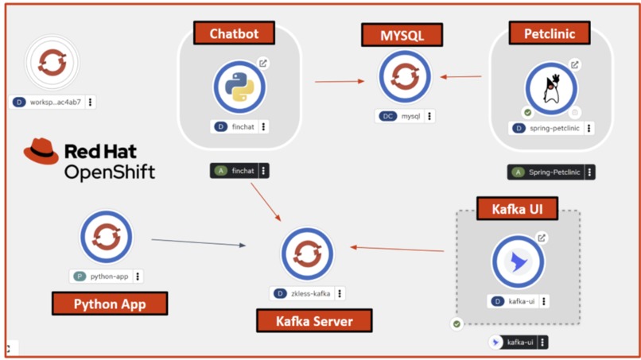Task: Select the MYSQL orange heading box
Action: tap(402, 36)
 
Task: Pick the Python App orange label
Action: tap(110, 304)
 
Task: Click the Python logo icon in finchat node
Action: tap(239, 87)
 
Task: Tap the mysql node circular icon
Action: tap(405, 77)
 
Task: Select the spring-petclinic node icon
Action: tap(550, 89)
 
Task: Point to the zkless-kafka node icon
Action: tap(306, 254)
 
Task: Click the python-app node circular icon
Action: tap(106, 237)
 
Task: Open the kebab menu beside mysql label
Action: tap(429, 116)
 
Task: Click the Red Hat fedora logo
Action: tap(41, 151)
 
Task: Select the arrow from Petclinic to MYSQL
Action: tap(461, 77)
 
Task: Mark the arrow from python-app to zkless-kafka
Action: tap(199, 242)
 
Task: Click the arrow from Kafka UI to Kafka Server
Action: tap(398, 249)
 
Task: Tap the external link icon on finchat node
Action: tap(263, 63)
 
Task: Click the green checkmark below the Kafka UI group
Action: tap(456, 324)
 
